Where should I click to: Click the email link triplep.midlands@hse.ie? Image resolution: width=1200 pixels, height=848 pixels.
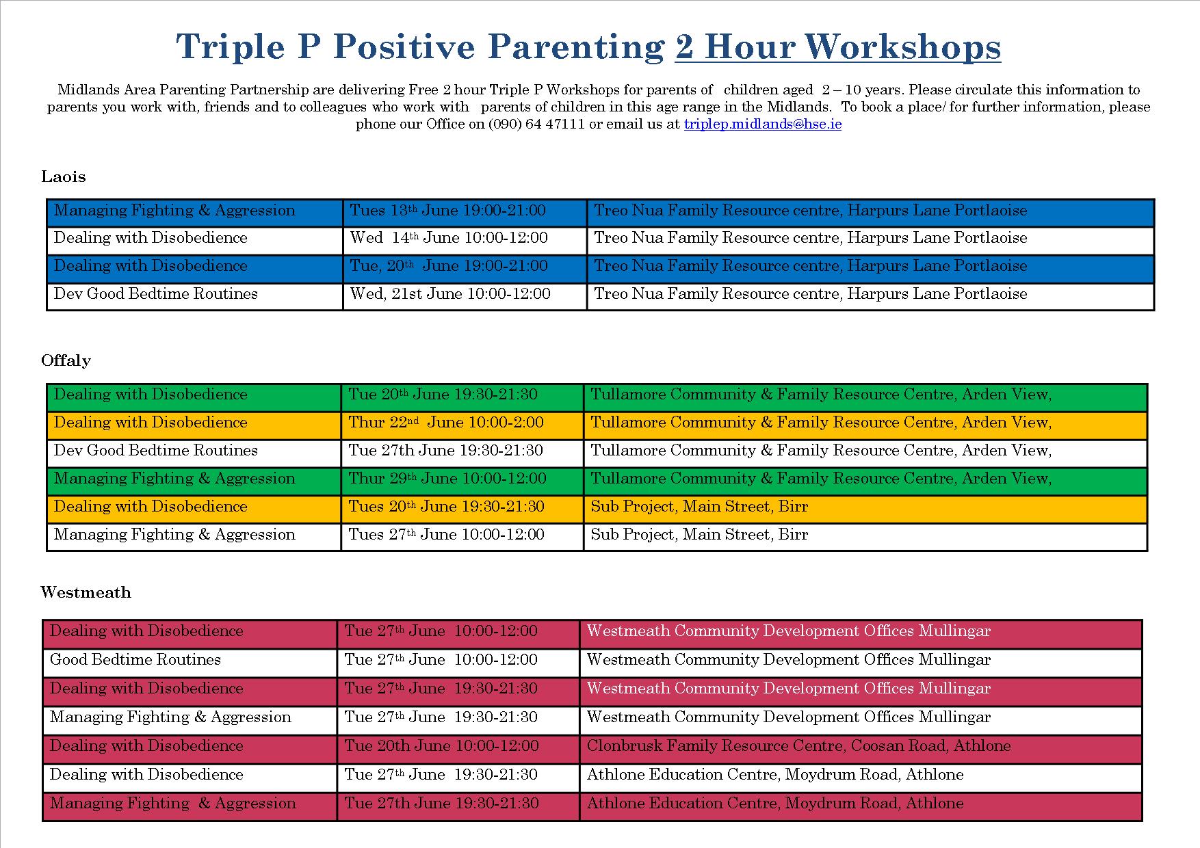(x=763, y=124)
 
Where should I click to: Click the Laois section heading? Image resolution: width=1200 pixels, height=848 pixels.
(x=64, y=176)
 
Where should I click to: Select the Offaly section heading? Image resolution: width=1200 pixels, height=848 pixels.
(x=66, y=360)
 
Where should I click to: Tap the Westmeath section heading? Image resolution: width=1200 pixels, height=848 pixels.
(x=86, y=592)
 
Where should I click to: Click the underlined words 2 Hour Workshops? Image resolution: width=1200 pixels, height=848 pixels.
(x=838, y=47)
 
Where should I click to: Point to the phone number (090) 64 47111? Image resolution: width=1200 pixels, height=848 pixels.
(x=536, y=124)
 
